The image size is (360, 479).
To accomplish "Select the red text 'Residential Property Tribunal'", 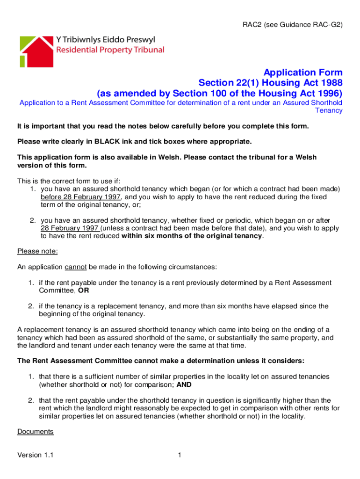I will (x=110, y=50).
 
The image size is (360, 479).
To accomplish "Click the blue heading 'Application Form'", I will (x=303, y=73).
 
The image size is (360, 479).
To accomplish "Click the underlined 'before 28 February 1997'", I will (x=81, y=197).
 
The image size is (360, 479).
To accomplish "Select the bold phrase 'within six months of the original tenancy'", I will (x=192, y=236).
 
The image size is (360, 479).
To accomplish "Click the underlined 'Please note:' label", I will (x=37, y=251).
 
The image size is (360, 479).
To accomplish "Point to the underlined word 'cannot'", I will (x=75, y=267).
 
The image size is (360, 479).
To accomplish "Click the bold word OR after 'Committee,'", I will (x=84, y=290).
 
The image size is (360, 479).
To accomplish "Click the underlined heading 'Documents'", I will (x=36, y=431).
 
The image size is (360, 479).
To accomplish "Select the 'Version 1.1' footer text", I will (x=35, y=455).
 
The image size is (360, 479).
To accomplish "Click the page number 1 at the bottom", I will (x=180, y=455).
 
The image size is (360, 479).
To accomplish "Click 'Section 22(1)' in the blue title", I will (x=225, y=83).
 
